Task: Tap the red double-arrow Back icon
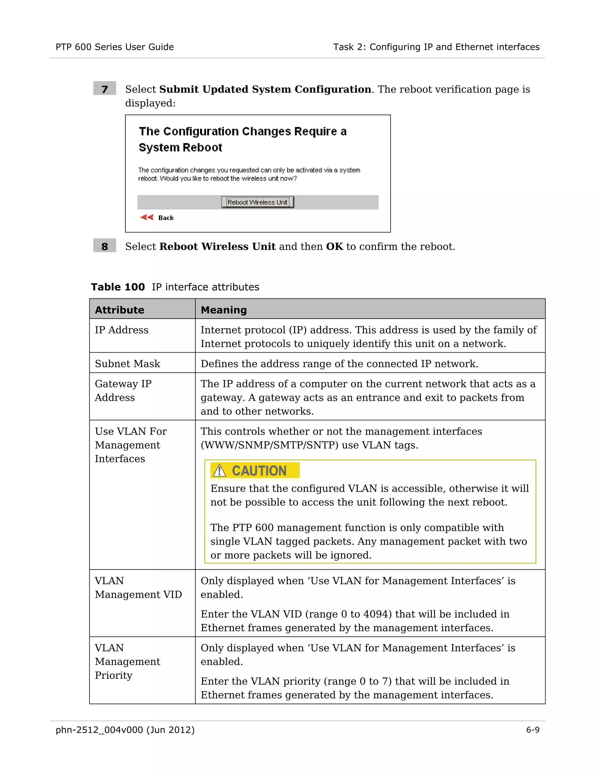146,217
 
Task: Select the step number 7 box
105,88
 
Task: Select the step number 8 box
105,246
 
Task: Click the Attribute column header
120,310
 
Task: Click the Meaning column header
224,310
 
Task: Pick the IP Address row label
122,330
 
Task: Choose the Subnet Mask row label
127,364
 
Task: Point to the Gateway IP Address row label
123,390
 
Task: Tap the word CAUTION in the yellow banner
259,471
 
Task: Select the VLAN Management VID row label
138,587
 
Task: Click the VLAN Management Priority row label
127,661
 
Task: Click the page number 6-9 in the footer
532,730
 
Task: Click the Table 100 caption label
118,287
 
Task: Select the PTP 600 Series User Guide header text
115,47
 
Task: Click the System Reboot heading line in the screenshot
180,148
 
